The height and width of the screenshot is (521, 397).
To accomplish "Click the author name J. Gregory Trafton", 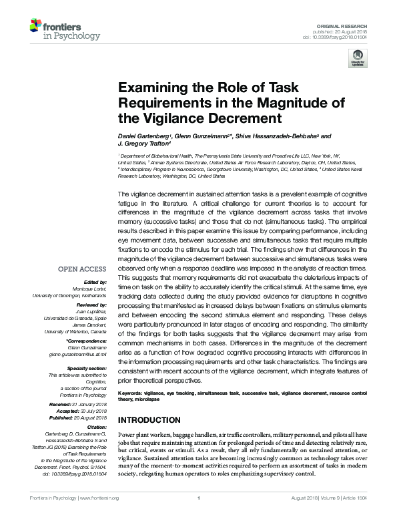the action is pyautogui.click(x=144, y=144).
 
